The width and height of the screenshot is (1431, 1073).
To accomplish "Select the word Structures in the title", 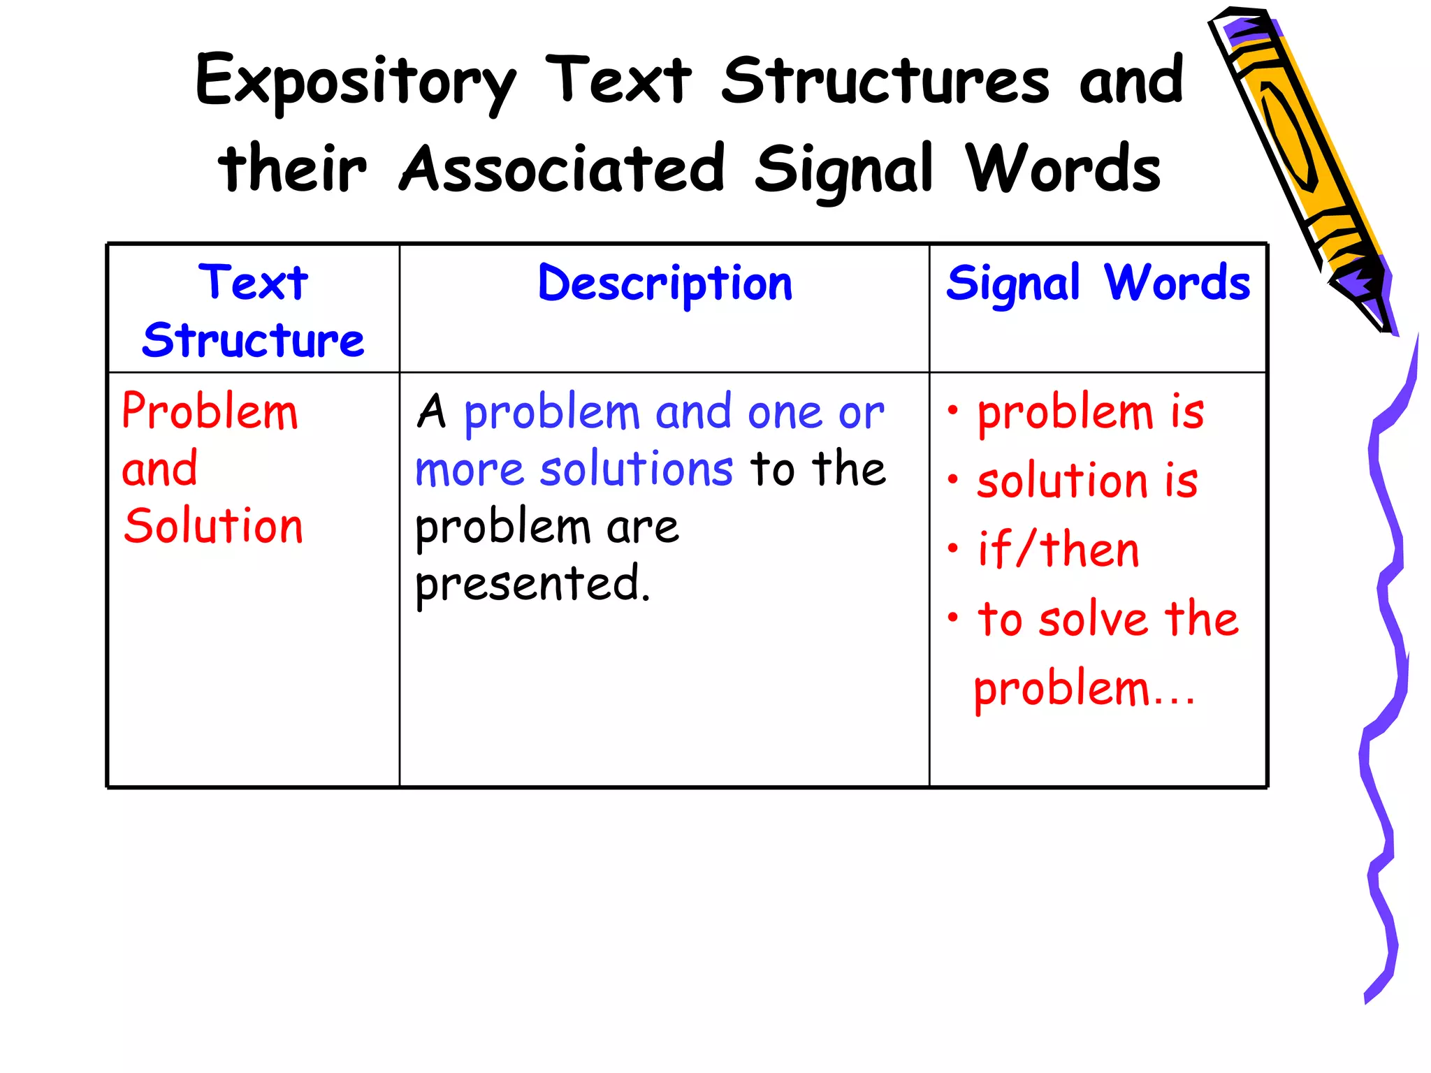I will pos(885,81).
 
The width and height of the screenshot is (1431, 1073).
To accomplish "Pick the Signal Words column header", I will pos(1098,284).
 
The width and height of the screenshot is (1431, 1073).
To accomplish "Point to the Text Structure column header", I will pos(253,311).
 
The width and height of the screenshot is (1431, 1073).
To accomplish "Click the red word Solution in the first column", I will pos(213,525).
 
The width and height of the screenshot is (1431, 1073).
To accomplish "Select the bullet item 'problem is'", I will pos(1090,411).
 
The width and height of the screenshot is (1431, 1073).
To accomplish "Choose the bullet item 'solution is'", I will pos(1087,481).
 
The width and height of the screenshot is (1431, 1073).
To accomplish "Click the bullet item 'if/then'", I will pos(1058,550).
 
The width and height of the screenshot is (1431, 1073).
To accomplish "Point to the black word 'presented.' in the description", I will pos(532,583).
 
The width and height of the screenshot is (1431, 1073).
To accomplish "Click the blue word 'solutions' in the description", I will pos(637,469).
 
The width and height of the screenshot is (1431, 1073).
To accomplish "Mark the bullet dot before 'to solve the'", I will pos(953,618).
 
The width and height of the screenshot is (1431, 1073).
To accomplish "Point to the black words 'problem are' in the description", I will pos(546,527).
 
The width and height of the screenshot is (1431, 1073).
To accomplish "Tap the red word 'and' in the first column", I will pos(160,469).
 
